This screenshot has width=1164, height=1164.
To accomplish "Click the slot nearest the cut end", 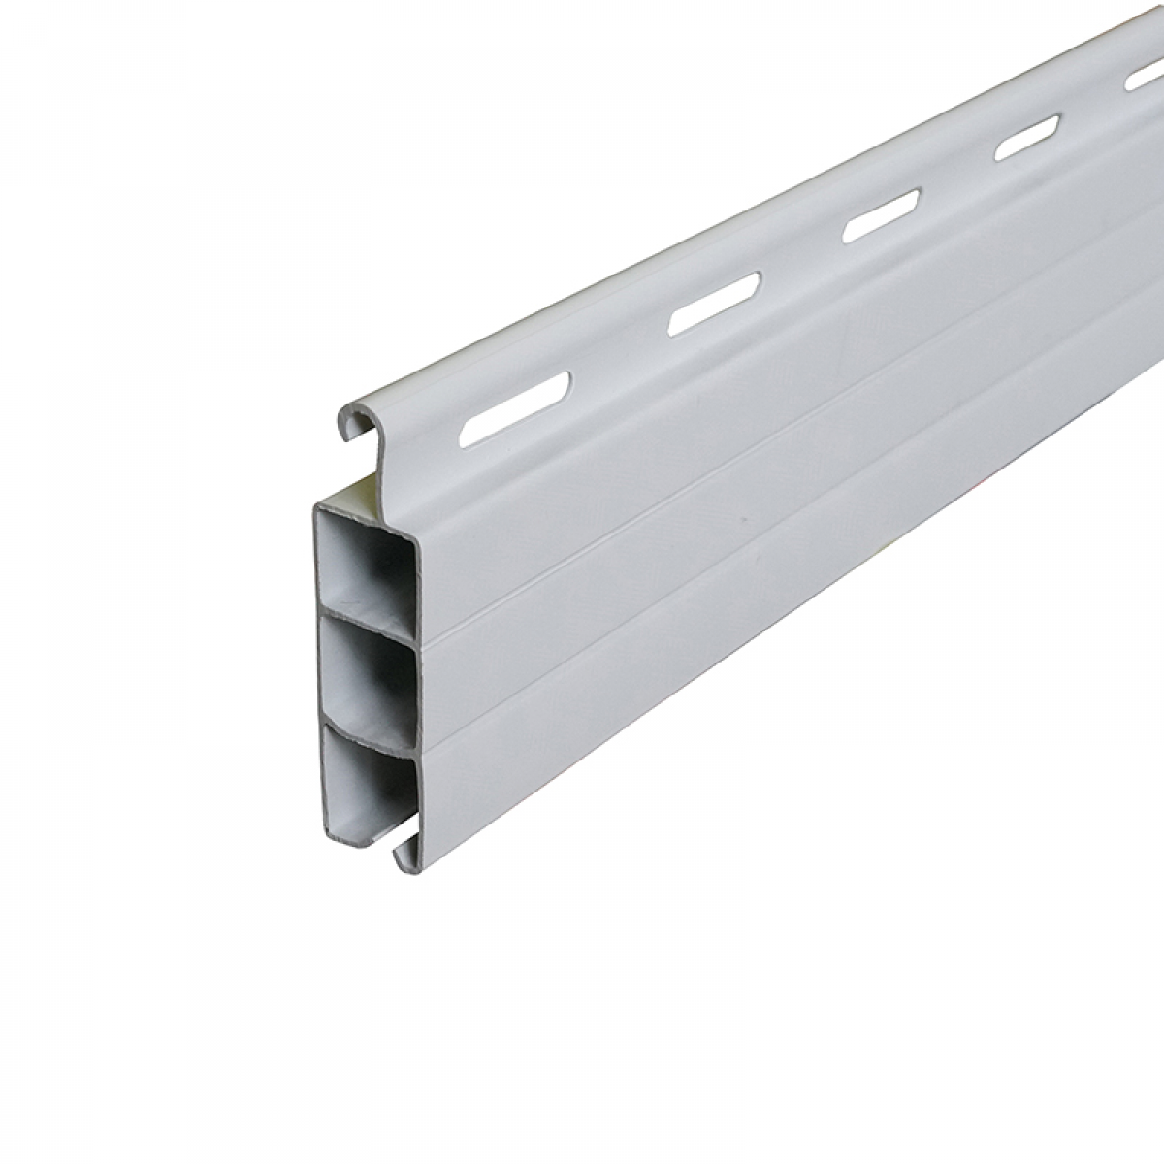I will (514, 407).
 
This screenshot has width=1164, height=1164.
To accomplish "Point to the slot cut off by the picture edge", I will (1146, 78).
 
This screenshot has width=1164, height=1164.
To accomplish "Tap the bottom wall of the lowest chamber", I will (364, 836).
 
